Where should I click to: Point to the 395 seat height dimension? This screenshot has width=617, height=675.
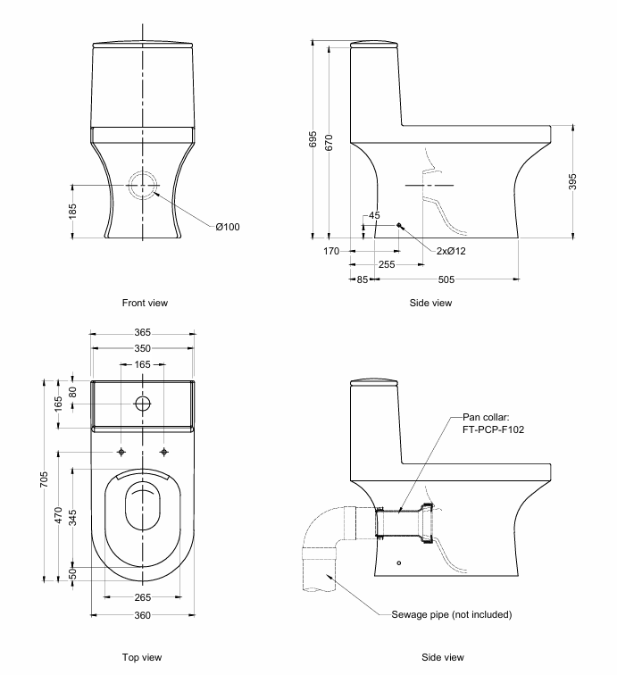(572, 182)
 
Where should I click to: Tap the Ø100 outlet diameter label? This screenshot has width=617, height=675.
(227, 227)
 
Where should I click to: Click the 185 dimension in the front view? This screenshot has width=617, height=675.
(73, 211)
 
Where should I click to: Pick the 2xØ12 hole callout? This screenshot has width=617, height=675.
(451, 251)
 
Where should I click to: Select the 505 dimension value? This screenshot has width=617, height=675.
(446, 279)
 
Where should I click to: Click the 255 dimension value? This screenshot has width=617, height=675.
(387, 265)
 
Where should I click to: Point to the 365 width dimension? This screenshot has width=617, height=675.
(143, 332)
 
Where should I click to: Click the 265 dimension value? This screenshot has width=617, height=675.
(143, 597)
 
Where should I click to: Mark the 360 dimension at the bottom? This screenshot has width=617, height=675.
(143, 615)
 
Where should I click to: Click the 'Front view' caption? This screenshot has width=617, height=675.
(145, 303)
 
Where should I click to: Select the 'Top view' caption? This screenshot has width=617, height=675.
(143, 657)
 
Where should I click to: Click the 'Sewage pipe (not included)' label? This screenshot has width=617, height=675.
(452, 615)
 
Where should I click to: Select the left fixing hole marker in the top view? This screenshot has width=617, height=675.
(121, 453)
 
